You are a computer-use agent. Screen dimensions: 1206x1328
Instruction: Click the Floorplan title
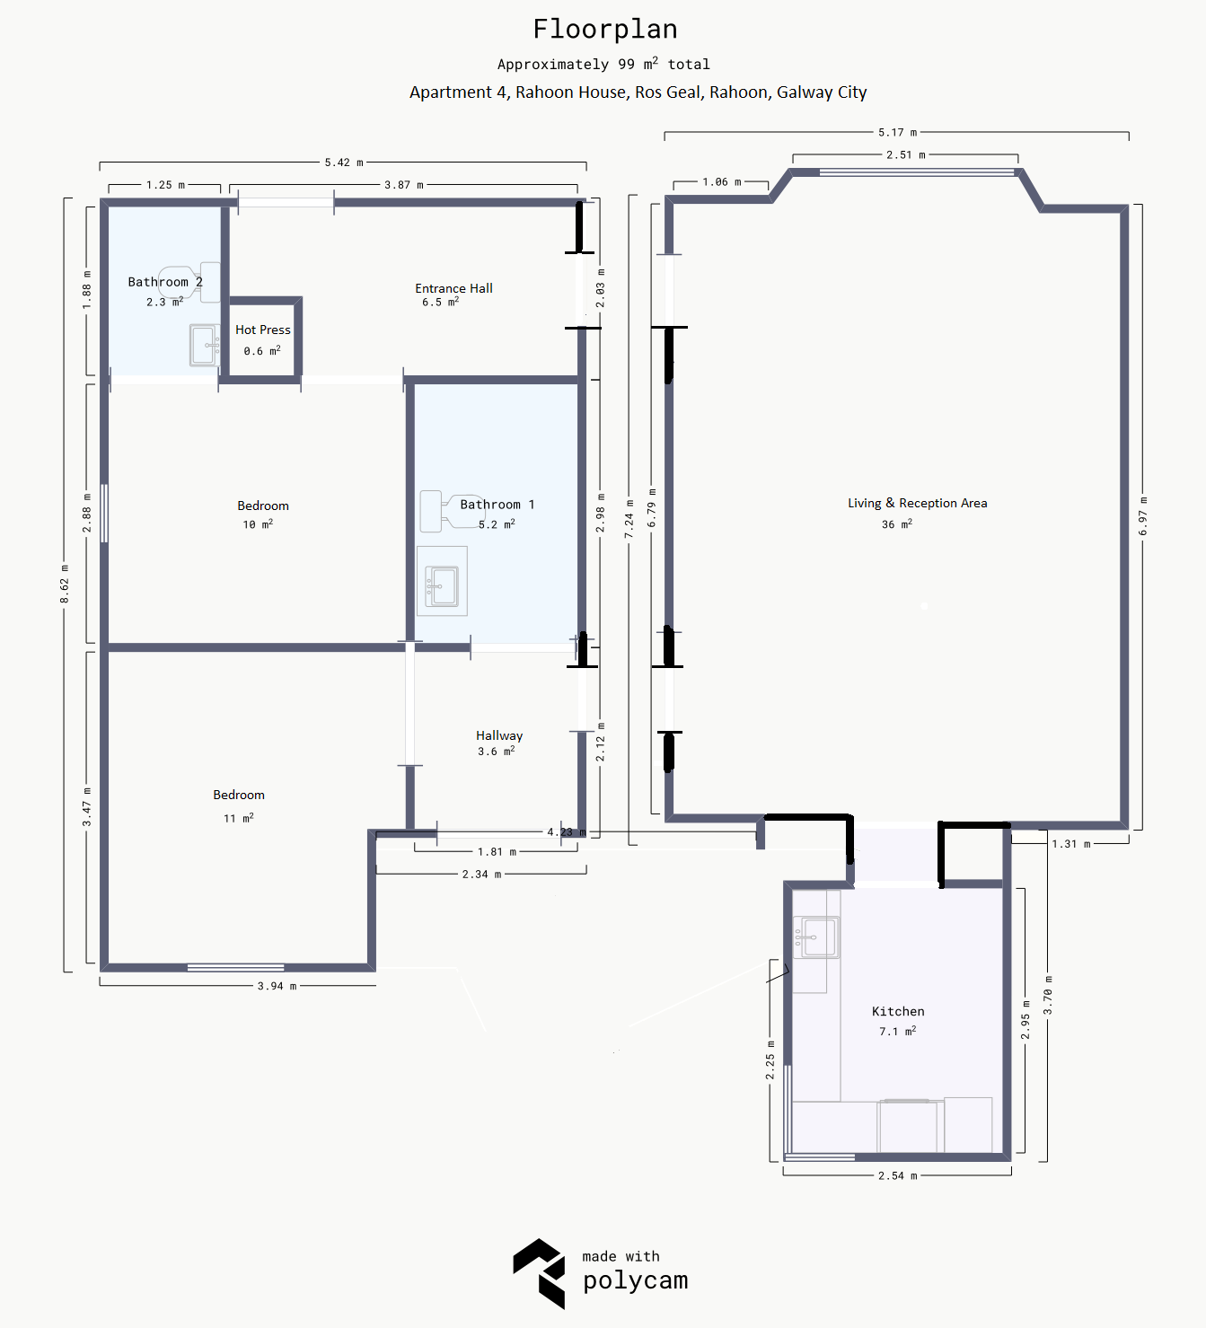(605, 30)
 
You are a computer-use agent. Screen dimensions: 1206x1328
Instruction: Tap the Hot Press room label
(263, 330)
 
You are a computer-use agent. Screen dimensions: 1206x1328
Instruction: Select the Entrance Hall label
(453, 288)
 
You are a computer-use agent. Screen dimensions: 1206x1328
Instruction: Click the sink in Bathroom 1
(442, 585)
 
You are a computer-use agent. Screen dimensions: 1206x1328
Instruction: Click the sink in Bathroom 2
(205, 345)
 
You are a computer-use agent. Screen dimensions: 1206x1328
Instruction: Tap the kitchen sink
(816, 937)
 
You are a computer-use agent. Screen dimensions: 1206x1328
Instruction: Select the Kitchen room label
(898, 1011)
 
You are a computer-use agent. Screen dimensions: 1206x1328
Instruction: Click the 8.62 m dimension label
(65, 585)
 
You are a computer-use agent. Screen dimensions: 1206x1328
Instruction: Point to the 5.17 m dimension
(897, 132)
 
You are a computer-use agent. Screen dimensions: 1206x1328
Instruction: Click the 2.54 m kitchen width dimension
(897, 1175)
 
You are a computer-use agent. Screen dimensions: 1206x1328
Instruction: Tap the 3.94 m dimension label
(277, 986)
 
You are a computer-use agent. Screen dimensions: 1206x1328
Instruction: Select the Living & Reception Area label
(917, 503)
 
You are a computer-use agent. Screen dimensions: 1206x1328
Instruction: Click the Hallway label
(499, 735)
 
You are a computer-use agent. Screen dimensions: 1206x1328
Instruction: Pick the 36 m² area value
(897, 523)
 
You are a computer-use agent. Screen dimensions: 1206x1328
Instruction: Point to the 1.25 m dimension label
(165, 185)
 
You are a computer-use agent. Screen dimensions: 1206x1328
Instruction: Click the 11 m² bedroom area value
(239, 818)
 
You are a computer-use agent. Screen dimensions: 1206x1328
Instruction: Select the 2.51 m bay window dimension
(905, 155)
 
